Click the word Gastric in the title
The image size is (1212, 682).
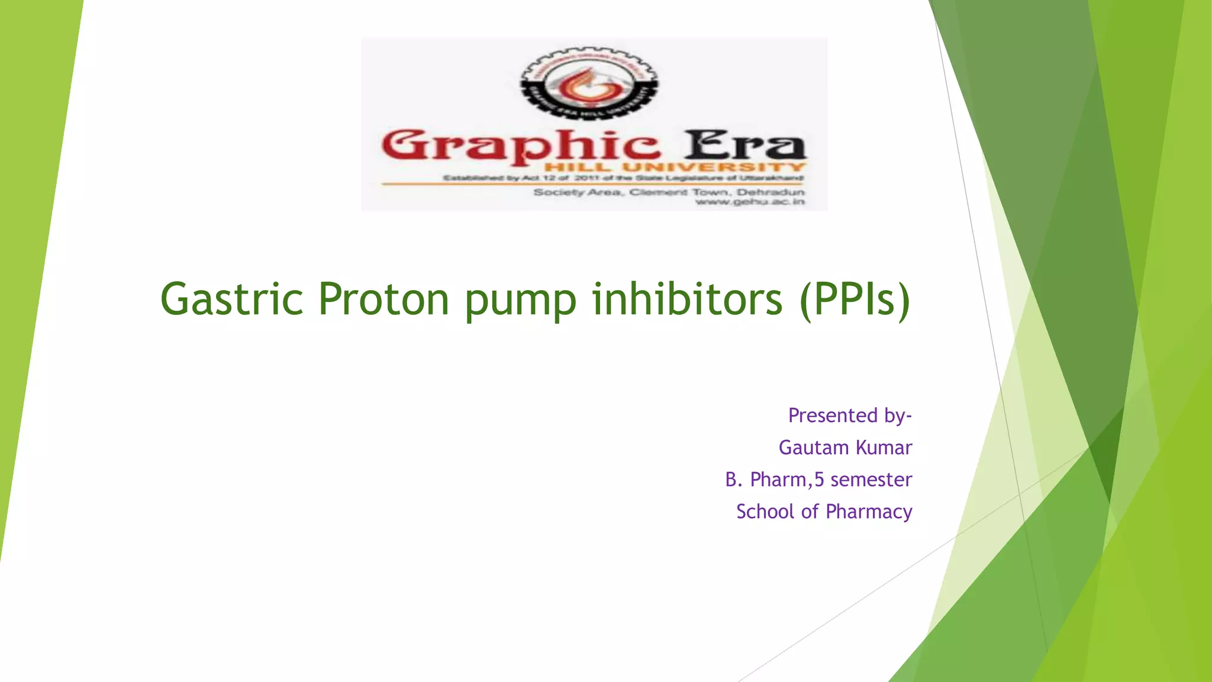click(x=231, y=300)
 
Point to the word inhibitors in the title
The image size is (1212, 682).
click(x=687, y=300)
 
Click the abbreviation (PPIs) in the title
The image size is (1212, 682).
click(x=855, y=300)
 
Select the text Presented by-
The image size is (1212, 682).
click(x=850, y=416)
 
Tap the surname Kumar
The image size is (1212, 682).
click(x=884, y=448)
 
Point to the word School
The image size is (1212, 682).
click(x=765, y=511)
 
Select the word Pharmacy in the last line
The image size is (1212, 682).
click(x=869, y=512)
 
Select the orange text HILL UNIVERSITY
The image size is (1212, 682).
click(x=675, y=168)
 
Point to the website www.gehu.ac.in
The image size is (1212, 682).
click(x=750, y=202)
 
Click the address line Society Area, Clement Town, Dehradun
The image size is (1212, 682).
click(x=669, y=192)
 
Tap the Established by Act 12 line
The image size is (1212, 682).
click(x=623, y=178)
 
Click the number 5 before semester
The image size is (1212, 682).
click(x=819, y=480)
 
